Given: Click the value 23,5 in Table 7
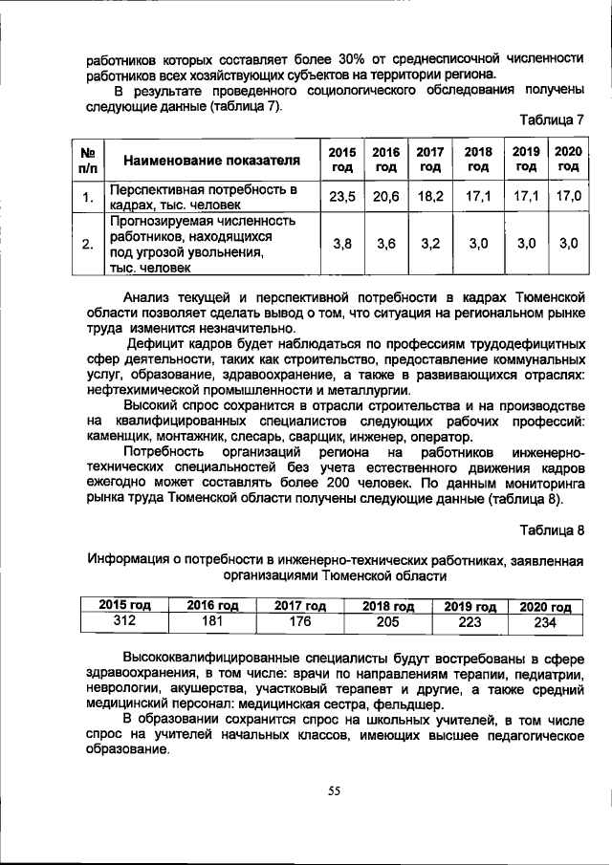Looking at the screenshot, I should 341,196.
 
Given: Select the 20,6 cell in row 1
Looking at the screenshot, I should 386,196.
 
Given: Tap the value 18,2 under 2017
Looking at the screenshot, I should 430,196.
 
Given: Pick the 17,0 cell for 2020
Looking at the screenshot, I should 568,196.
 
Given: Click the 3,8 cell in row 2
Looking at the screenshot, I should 341,244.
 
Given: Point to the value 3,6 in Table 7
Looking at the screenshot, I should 386,244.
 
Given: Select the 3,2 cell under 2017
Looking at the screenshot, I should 430,244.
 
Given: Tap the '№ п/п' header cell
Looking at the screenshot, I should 87,159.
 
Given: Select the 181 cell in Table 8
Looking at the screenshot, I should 212,621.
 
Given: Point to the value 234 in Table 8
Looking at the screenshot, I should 544,621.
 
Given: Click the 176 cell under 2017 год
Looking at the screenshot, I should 300,621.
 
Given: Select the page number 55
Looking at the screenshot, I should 334,790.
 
